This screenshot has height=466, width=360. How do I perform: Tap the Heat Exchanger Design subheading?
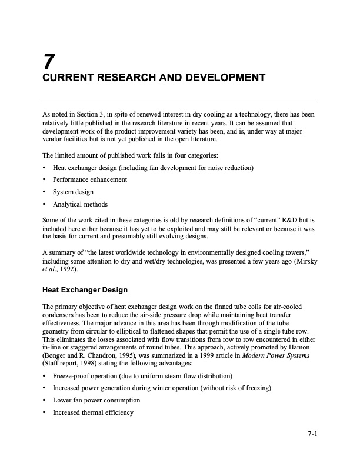tap(85, 290)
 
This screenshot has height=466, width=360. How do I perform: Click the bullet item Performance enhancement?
tap(89, 179)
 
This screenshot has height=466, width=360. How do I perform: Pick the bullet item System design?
tap(73, 192)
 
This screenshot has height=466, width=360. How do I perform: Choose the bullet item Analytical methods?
tap(80, 204)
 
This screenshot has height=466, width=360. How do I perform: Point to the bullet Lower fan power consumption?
tap(96, 400)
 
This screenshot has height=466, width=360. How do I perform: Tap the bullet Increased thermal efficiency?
tap(94, 412)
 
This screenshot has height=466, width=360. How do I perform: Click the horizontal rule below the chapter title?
tap(180, 102)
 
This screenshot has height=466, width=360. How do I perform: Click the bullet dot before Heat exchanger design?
tap(45, 168)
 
